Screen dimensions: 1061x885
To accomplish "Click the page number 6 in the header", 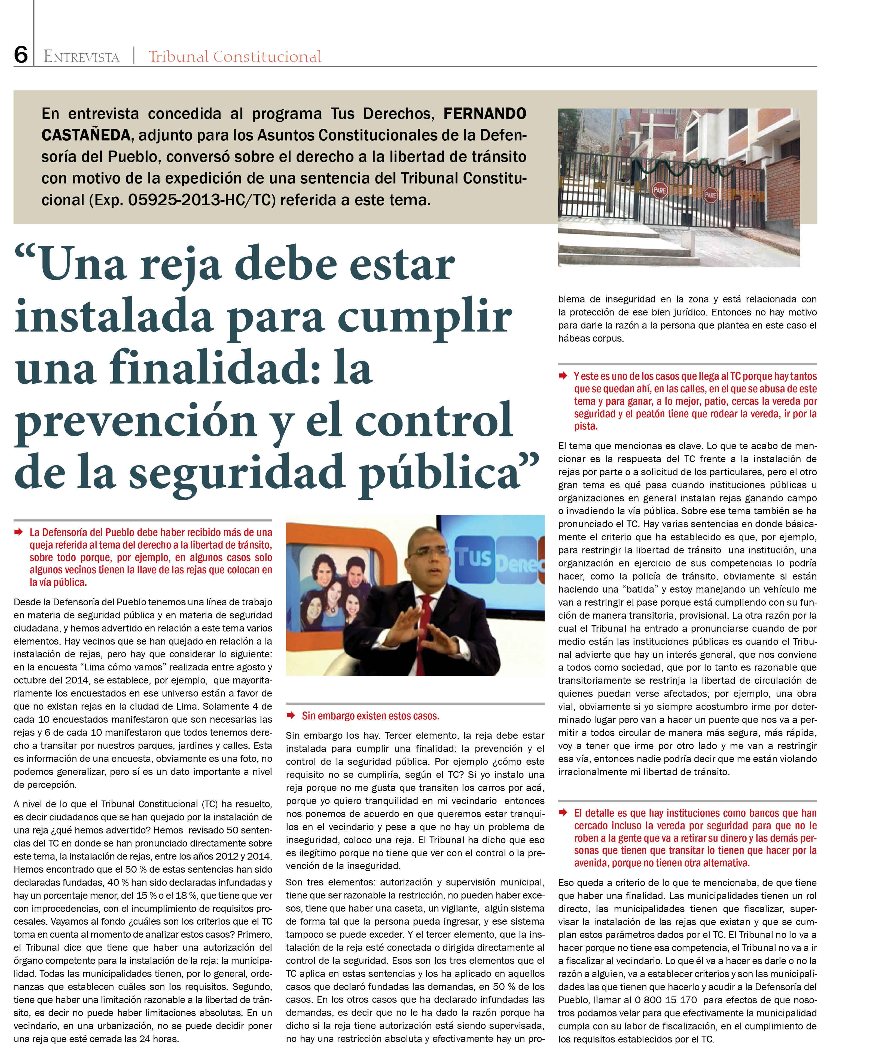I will coord(21,54).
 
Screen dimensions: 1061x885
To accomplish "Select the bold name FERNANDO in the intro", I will coord(484,114).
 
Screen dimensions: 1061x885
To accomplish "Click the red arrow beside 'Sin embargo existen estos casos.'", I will coord(291,715).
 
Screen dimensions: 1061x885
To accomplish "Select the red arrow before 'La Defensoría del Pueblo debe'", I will coord(19,532).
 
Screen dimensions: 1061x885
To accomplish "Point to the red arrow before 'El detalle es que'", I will coord(563,812).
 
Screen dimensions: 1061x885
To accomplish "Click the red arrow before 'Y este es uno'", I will coord(563,375).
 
